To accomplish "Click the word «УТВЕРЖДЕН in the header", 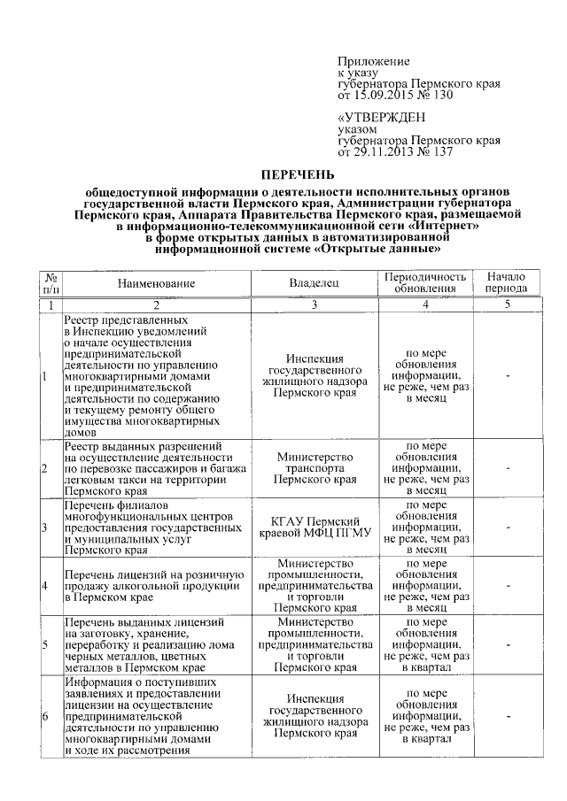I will (x=381, y=118).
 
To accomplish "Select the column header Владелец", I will (x=315, y=283).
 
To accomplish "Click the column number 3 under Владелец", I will (x=315, y=305).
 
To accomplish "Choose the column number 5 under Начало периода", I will (x=507, y=305).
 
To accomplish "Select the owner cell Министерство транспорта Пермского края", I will (x=315, y=468).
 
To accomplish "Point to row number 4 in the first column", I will (x=45, y=585).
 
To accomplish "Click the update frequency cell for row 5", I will (x=424, y=644).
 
